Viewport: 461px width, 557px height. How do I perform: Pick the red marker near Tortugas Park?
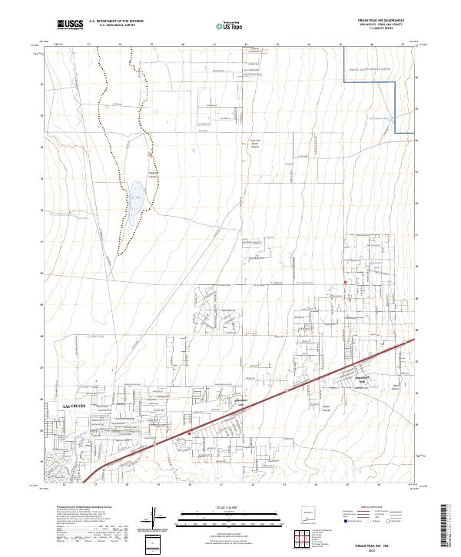coord(346,283)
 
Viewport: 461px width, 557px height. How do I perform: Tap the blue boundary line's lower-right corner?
coord(394,133)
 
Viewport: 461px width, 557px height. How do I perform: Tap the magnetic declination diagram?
coord(154,516)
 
